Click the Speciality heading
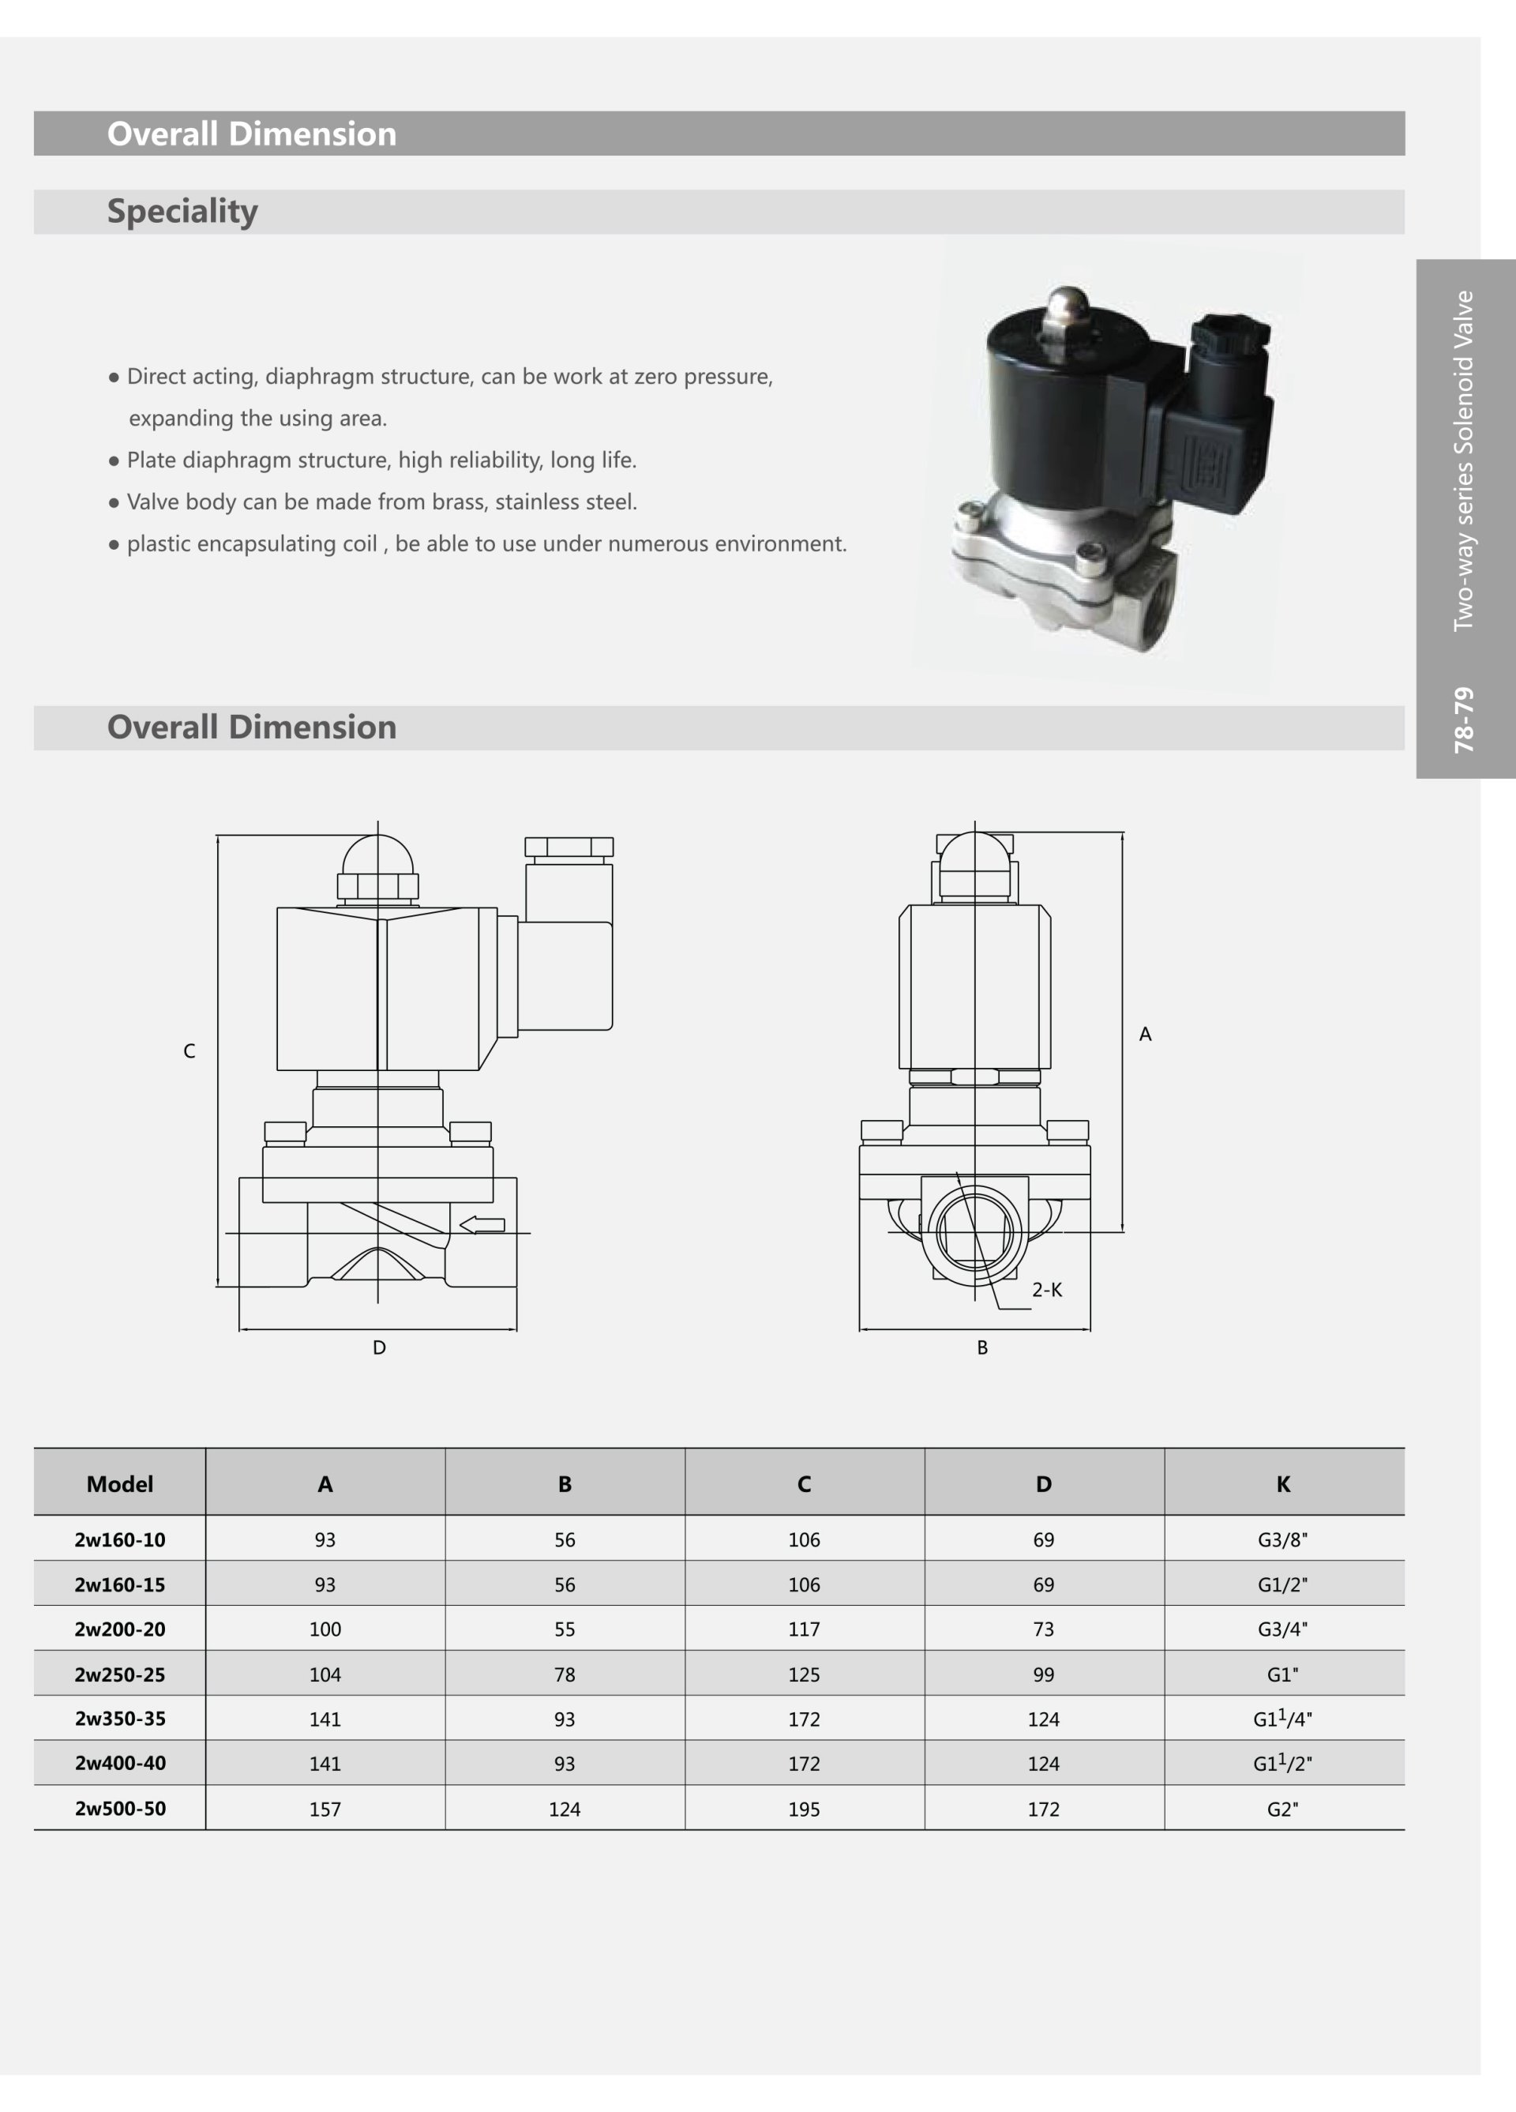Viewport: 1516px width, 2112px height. (x=182, y=212)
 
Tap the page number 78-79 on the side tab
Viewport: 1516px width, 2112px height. (x=1465, y=720)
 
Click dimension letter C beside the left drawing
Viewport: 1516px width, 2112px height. (x=189, y=1051)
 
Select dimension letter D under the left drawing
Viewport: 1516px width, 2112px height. (x=379, y=1347)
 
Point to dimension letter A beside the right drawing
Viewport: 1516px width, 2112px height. (x=1146, y=1034)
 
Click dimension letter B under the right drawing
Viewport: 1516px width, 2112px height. (x=982, y=1347)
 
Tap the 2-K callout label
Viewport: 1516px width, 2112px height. (x=1047, y=1290)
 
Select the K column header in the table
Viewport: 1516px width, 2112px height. (x=1283, y=1484)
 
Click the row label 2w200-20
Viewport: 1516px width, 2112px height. (x=120, y=1629)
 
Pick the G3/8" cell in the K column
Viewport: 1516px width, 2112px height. (x=1282, y=1540)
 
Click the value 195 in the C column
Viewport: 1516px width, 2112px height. (x=804, y=1809)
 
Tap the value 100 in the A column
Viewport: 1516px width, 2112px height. (x=325, y=1629)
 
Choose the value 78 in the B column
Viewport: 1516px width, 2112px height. (x=565, y=1674)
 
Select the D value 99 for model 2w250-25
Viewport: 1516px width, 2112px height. (x=1043, y=1674)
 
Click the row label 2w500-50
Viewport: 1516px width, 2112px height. (x=120, y=1809)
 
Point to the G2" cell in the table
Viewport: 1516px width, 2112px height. (x=1282, y=1809)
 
